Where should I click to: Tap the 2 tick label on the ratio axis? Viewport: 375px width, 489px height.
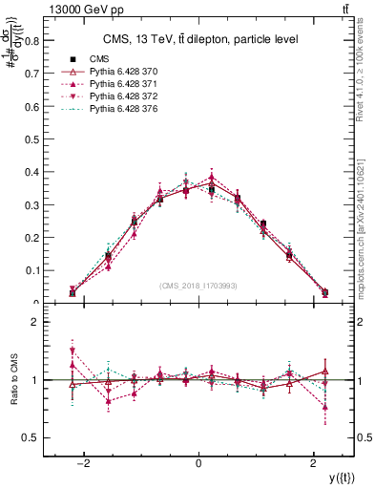[x=35, y=322]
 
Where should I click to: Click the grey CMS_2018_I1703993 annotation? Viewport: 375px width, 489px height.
[x=198, y=287]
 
